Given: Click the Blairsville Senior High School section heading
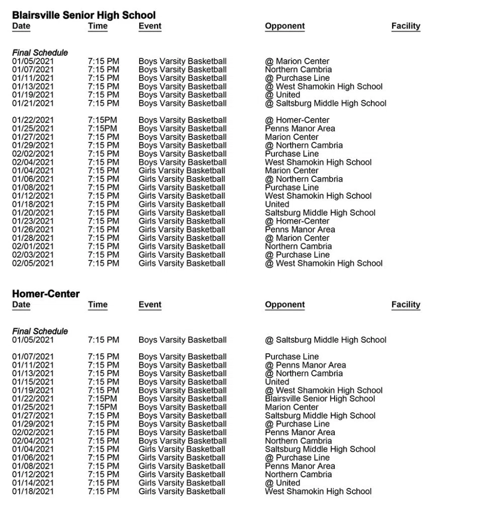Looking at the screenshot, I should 83,15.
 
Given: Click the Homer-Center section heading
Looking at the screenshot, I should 46,294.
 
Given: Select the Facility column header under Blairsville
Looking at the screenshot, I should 406,26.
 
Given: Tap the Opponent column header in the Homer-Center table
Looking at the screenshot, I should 284,305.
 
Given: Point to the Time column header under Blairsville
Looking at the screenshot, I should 97,26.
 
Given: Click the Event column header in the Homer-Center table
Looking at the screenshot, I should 150,305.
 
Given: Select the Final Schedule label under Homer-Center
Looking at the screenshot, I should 40,331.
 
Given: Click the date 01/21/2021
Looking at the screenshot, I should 33,103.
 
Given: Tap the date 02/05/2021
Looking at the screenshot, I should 33,263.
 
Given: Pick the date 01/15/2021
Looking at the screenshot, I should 33,382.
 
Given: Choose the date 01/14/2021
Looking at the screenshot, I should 33,483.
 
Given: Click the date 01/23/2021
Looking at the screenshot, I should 33,221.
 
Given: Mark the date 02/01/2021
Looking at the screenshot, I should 33,246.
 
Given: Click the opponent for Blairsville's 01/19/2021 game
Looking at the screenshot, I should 282,95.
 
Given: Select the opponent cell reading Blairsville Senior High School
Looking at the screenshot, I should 320,399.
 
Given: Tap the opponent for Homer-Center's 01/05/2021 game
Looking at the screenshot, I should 326,340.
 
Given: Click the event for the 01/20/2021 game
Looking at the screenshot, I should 182,213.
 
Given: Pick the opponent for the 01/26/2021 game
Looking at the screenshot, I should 300,229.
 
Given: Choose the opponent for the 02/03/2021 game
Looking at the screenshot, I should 297,254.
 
